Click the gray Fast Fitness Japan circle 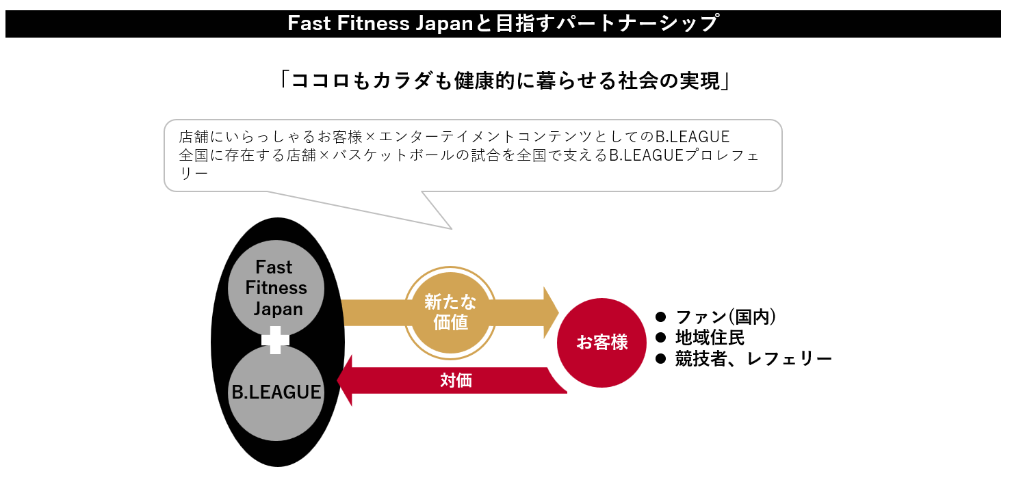[277, 288]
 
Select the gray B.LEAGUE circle [276, 392]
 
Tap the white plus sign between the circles [276, 340]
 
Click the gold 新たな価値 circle [450, 312]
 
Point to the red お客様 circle [602, 343]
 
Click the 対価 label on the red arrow [456, 381]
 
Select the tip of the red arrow [341, 380]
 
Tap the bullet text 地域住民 [710, 338]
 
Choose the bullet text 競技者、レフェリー [753, 359]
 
